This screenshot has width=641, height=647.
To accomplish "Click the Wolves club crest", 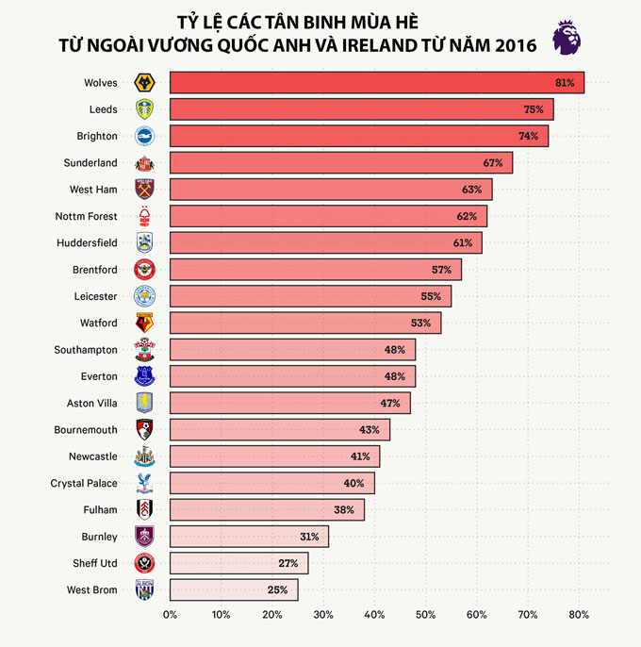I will coord(144,83).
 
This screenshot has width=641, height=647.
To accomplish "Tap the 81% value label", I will coord(565,83).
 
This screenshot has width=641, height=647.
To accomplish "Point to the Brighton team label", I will coord(98,136).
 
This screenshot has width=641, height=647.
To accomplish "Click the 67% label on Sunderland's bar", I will coord(493,163).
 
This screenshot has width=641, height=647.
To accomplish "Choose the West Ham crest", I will coord(144,190).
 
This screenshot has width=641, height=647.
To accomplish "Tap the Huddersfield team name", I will coord(87,242).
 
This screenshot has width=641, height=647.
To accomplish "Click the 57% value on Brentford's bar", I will coord(441,270).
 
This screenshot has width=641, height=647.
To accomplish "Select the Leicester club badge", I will coord(144,296).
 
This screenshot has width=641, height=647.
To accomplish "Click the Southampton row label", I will coord(86,350).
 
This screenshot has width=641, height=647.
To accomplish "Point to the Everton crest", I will coord(144,376).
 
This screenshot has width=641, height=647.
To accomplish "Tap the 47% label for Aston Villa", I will coord(390,403).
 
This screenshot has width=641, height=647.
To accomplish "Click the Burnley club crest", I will coord(144,537).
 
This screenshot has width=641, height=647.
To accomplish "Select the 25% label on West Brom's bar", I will coord(277,589).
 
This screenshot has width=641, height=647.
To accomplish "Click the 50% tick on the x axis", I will coord(426,615).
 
